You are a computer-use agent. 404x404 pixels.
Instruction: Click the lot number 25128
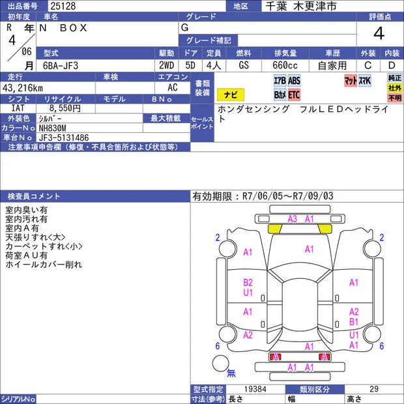pyautogui.click(x=63, y=6)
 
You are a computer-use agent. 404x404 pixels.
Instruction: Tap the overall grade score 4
pyautogui.click(x=379, y=33)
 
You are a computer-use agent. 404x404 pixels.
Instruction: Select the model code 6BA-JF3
pyautogui.click(x=61, y=66)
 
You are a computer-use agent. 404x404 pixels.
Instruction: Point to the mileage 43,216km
pyautogui.click(x=23, y=88)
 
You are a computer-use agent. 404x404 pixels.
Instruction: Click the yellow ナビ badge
pyautogui.click(x=231, y=94)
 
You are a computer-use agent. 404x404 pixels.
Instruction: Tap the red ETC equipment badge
pyautogui.click(x=294, y=94)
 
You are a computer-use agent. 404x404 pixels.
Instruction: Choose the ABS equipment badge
pyautogui.click(x=294, y=81)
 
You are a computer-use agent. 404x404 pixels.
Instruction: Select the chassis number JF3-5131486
pyautogui.click(x=64, y=137)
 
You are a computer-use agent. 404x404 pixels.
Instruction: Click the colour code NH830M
pyautogui.click(x=52, y=128)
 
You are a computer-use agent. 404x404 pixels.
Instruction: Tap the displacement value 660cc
pyautogui.click(x=285, y=65)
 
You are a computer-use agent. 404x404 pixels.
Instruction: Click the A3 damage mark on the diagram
pyautogui.click(x=293, y=219)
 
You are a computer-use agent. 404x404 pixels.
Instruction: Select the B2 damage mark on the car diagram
pyautogui.click(x=248, y=283)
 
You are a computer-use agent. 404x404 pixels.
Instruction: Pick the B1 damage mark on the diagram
pyautogui.click(x=354, y=322)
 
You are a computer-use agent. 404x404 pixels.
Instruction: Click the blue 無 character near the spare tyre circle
pyautogui.click(x=231, y=373)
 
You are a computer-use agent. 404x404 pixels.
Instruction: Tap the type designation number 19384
pyautogui.click(x=255, y=389)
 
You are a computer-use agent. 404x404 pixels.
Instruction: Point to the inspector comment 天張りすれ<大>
pyautogui.click(x=35, y=237)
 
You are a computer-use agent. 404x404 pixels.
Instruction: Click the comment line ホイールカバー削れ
pyautogui.click(x=44, y=265)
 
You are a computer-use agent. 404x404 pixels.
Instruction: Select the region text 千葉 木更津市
pyautogui.click(x=301, y=6)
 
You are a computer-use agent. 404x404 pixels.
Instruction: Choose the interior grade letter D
pyautogui.click(x=392, y=65)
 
